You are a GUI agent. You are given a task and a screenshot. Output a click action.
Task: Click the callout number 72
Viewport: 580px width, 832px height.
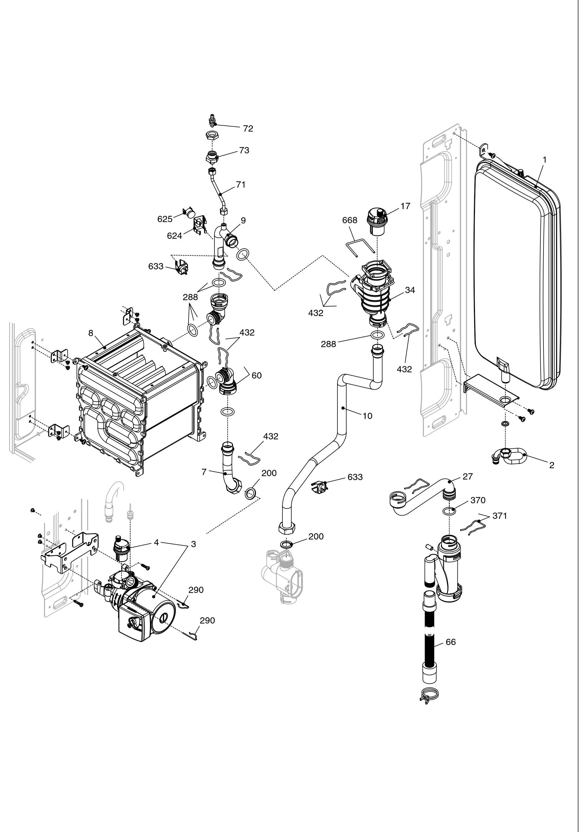[x=248, y=129]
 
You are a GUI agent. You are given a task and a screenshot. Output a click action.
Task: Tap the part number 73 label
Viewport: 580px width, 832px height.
[x=244, y=151]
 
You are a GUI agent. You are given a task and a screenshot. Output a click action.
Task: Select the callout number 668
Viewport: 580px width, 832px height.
[x=350, y=220]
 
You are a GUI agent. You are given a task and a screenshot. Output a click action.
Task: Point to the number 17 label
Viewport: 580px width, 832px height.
[x=405, y=206]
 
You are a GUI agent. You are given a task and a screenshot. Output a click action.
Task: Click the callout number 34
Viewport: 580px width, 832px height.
[x=410, y=290]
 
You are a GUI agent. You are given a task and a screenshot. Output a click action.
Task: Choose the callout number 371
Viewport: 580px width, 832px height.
[x=500, y=516]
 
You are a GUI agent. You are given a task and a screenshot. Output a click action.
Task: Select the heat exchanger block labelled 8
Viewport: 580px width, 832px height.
[x=138, y=399]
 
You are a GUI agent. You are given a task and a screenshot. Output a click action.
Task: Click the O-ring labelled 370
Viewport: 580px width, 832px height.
[x=449, y=511]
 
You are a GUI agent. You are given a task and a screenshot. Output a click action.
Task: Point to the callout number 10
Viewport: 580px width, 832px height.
[x=367, y=416]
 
